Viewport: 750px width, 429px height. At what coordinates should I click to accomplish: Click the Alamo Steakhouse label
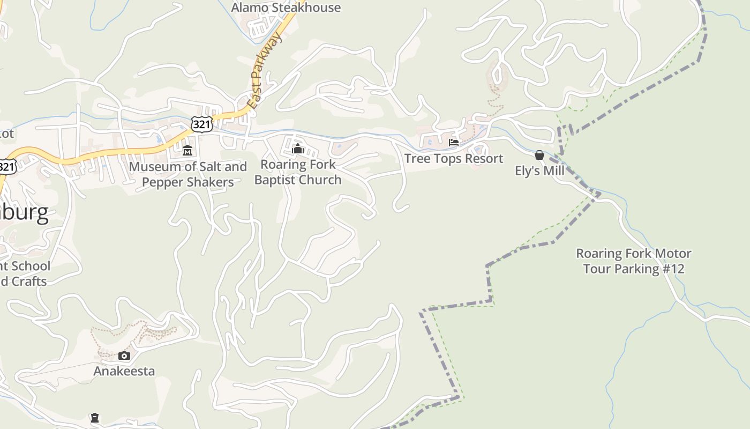coord(286,8)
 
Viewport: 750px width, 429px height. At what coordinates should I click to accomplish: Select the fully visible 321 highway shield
coord(201,124)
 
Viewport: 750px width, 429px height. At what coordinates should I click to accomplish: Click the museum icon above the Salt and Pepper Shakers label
coord(187,150)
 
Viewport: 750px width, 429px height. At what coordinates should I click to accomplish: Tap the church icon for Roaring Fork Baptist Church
coord(298,149)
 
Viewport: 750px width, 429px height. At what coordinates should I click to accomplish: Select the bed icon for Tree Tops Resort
coord(454,143)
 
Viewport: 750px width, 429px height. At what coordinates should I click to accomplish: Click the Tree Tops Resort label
coord(454,159)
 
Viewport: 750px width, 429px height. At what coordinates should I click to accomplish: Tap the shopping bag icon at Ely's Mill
coord(539,155)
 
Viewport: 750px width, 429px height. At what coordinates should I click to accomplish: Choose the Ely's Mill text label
coord(539,171)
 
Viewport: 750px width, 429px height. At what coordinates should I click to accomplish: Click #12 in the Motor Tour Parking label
coord(673,269)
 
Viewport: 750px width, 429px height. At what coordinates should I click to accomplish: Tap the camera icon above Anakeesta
coord(124,356)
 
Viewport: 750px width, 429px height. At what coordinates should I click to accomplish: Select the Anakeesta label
coord(124,371)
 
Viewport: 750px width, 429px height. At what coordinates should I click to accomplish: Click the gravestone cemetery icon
coord(95,418)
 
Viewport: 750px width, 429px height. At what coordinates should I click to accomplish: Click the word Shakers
coord(214,182)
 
